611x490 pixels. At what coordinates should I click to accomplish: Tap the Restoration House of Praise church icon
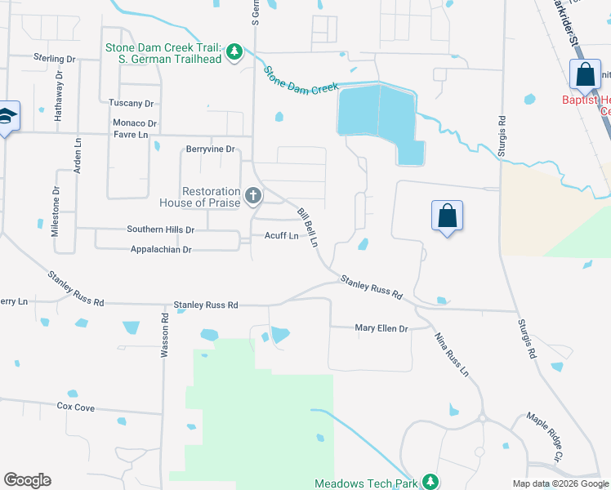point(253,196)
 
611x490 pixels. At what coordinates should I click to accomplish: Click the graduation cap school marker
point(7,117)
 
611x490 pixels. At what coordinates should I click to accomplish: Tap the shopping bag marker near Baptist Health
point(586,75)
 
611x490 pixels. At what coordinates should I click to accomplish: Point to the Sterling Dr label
point(54,58)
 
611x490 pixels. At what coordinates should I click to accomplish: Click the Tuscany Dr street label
point(132,104)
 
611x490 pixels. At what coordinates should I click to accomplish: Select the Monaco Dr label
point(135,122)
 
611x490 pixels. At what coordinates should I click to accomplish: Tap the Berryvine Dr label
point(210,149)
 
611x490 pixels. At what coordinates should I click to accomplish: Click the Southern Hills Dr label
point(160,230)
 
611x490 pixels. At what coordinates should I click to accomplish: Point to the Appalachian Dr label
point(159,250)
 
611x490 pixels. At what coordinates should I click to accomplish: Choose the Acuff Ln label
point(280,236)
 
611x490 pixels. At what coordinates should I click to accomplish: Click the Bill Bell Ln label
point(307,228)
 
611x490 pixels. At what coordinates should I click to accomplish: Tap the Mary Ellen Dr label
point(381,328)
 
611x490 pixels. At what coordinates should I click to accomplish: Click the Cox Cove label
point(75,406)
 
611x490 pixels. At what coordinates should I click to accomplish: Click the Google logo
point(27,480)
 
